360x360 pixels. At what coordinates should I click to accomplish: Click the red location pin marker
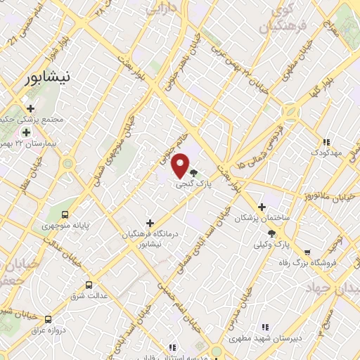[181, 165]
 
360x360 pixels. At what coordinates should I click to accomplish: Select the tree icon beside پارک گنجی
[194, 172]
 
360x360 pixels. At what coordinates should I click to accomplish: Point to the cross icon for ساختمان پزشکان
[262, 207]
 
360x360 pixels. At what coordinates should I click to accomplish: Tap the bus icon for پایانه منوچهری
[65, 215]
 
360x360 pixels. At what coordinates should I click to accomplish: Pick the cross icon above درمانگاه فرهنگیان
[150, 223]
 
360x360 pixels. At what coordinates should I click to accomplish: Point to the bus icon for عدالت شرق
[89, 285]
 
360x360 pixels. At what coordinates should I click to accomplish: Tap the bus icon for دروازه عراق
[48, 319]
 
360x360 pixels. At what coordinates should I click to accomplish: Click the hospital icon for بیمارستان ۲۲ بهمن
[26, 133]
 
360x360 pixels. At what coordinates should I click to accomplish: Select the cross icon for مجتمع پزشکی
[31, 108]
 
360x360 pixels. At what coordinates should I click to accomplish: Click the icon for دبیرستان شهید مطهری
[265, 326]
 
